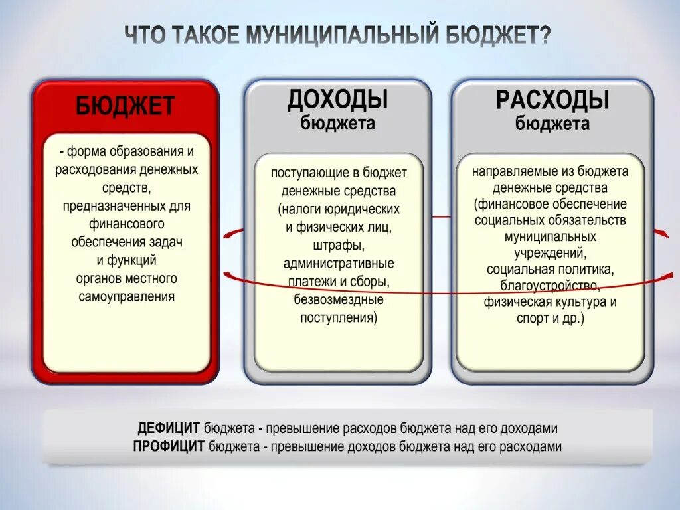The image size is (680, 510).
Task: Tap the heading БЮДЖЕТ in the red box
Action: click(x=125, y=106)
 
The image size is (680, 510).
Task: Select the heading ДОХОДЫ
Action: click(x=337, y=100)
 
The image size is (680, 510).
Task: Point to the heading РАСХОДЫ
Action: click(x=552, y=101)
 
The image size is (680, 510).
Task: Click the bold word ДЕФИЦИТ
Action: click(x=169, y=428)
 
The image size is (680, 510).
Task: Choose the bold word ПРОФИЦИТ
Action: click(x=169, y=446)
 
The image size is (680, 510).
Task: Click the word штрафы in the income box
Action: click(x=337, y=246)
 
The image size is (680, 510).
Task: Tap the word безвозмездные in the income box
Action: click(x=338, y=299)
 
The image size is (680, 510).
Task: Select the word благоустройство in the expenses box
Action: click(x=551, y=286)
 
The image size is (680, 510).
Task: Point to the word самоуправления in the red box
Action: click(x=126, y=296)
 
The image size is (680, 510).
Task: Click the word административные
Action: click(x=338, y=264)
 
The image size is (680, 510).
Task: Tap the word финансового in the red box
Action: click(x=126, y=224)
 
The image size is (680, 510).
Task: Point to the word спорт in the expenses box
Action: click(x=531, y=319)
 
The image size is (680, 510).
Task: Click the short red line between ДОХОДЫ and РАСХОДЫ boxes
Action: click(x=442, y=216)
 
